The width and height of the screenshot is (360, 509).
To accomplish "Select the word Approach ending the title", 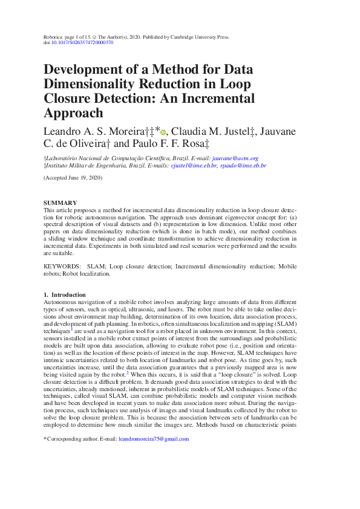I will [73, 112].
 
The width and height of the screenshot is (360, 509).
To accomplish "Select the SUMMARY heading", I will [61, 203].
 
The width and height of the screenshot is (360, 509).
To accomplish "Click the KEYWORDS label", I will [62, 266].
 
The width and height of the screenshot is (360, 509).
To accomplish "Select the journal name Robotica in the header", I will [54, 36].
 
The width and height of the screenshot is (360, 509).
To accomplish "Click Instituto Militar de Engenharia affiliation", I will [90, 165].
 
